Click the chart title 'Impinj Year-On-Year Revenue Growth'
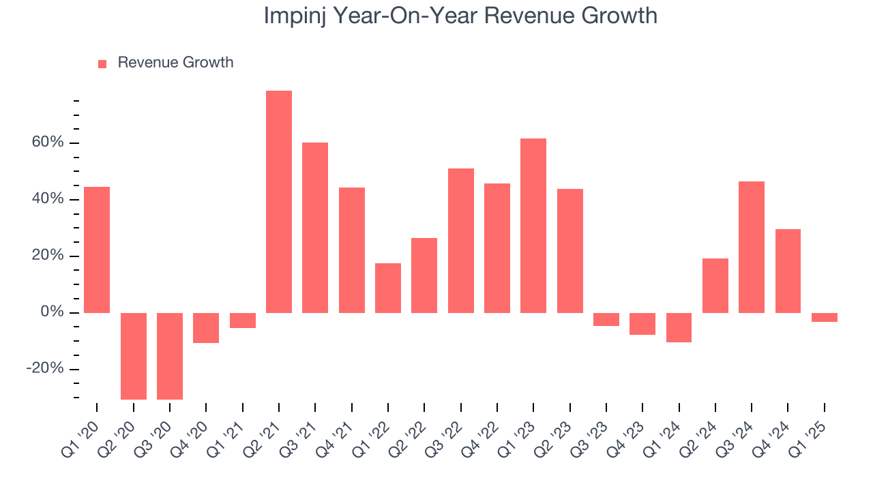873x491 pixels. (460, 16)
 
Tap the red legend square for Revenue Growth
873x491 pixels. (102, 63)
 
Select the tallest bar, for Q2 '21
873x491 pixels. (279, 201)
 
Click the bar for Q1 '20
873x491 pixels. (97, 250)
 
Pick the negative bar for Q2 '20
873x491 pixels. (134, 356)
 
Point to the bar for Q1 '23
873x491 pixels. (533, 225)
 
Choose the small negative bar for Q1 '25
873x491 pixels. (824, 317)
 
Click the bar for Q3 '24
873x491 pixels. (752, 247)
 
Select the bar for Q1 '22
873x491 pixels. (388, 288)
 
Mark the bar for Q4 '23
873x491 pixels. (642, 324)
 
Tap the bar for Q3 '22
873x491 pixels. (461, 240)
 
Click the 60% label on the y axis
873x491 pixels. (46, 143)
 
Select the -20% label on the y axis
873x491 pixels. (44, 369)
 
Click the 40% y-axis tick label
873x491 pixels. (46, 199)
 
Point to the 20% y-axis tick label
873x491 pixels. (46, 256)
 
